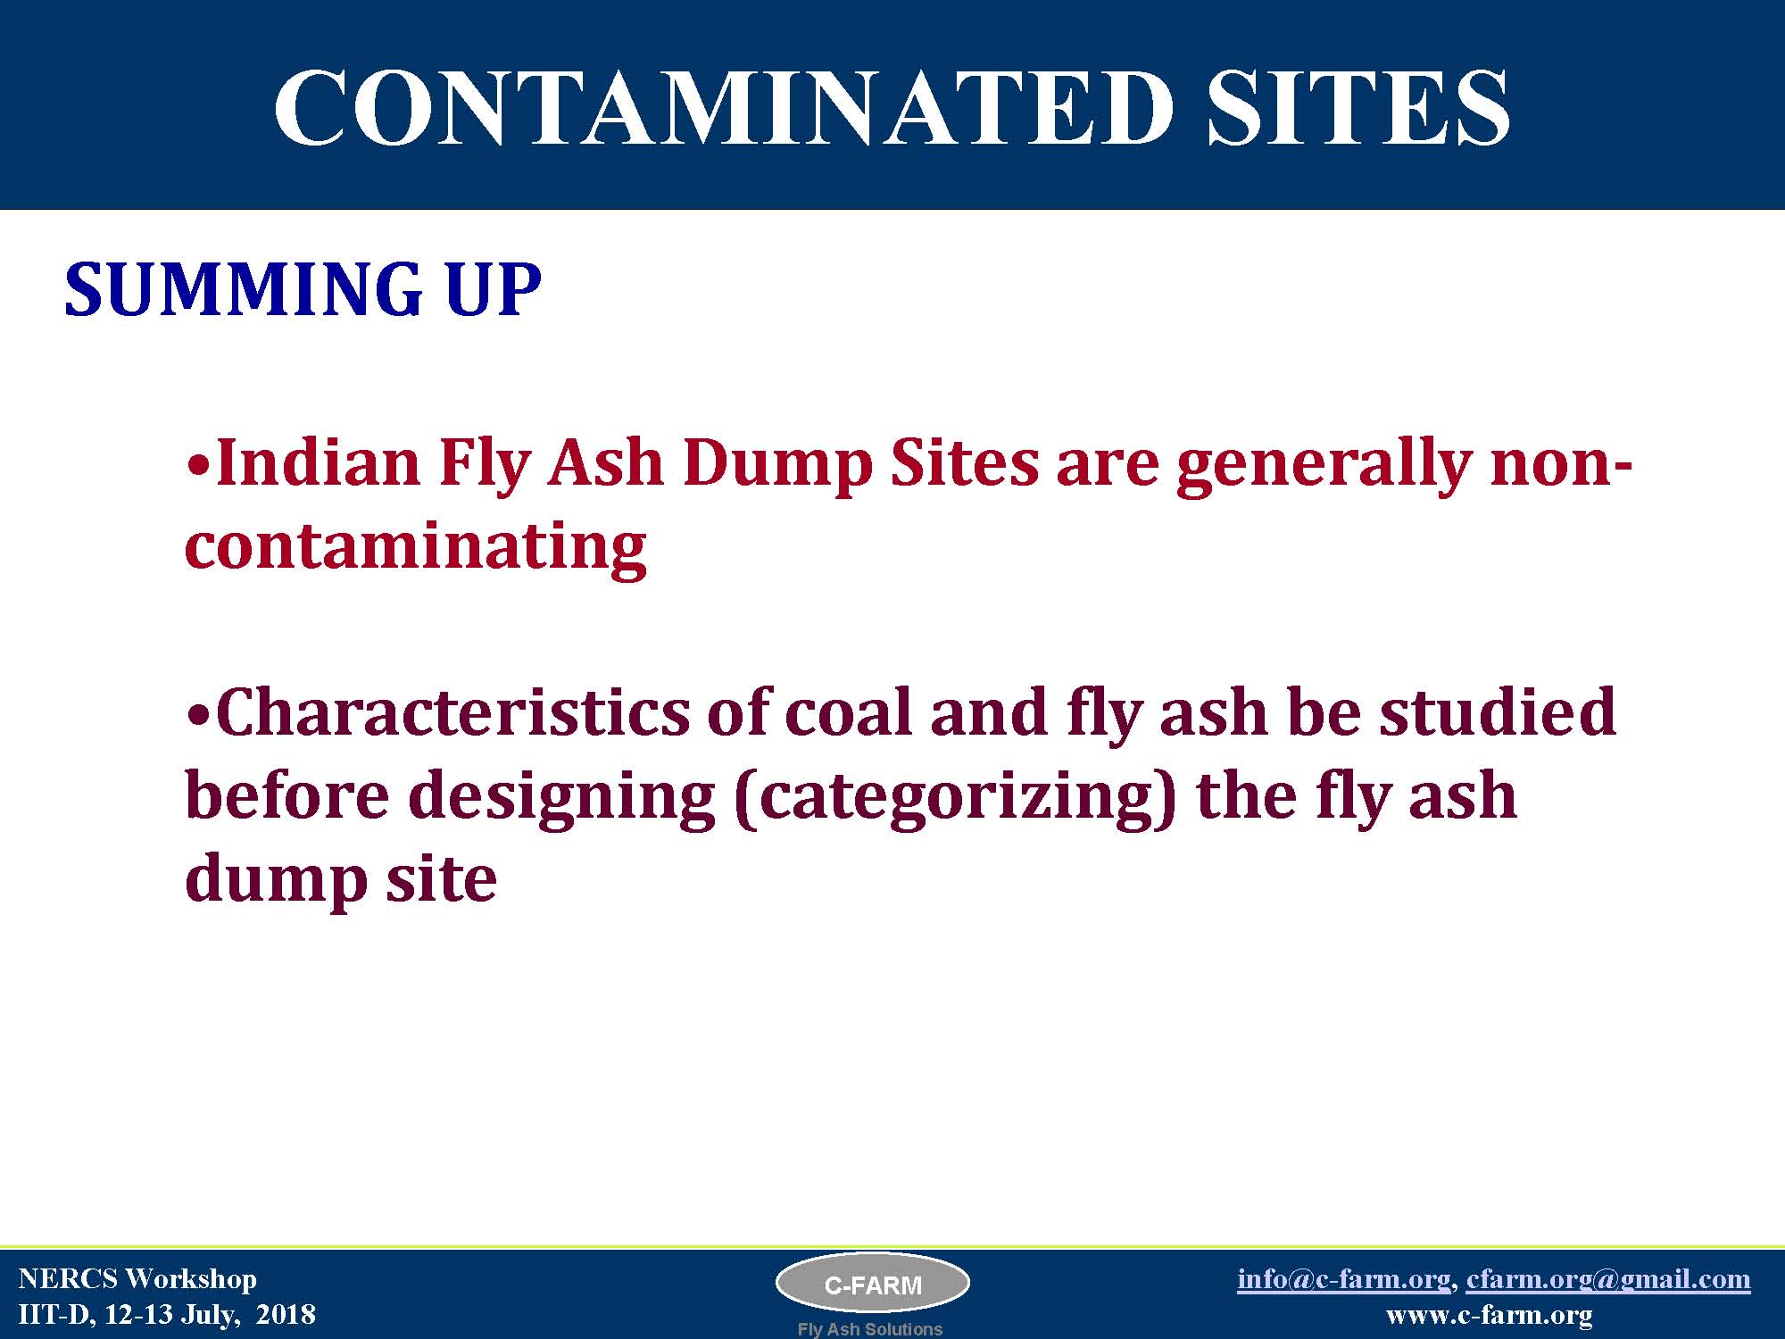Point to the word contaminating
pos(416,545)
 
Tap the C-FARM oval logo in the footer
pos(873,1285)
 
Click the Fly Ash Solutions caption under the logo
pos(870,1329)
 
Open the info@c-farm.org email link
pos(1343,1279)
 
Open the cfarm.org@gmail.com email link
pos(1608,1279)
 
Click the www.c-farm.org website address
pos(1490,1315)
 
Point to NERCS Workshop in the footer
pos(137,1279)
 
